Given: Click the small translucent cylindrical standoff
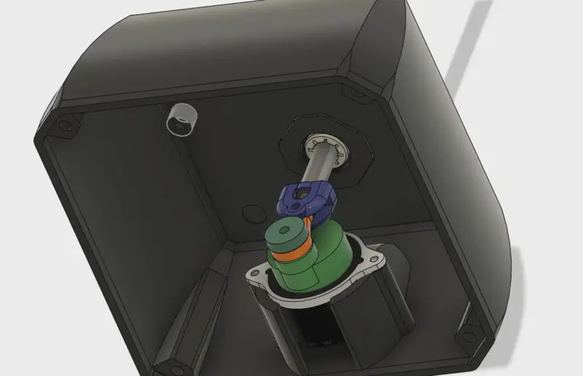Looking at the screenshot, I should (x=181, y=118).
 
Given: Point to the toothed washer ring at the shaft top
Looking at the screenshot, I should (x=326, y=146).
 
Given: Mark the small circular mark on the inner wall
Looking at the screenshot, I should (x=254, y=213).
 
